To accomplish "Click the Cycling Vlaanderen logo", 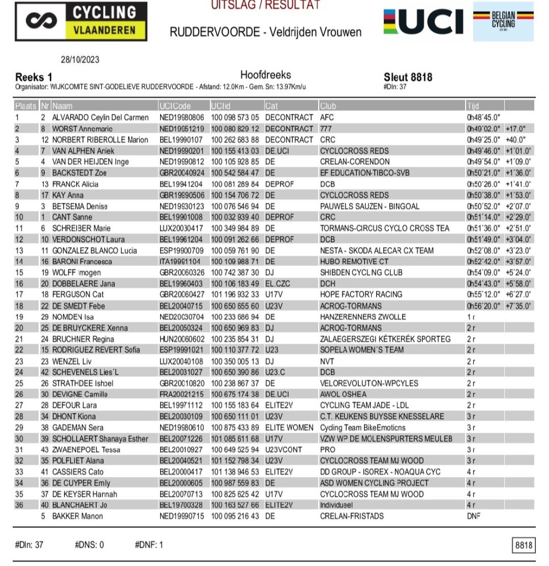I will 81,22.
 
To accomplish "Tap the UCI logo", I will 424,22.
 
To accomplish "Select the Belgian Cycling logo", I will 503,22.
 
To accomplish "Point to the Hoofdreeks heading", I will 265,75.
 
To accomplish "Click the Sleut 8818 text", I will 408,77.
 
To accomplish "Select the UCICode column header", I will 175,106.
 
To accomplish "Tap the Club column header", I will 327,106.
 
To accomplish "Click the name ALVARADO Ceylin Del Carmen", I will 100,118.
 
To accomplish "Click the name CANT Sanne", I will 73,217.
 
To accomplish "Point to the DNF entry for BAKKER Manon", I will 473,516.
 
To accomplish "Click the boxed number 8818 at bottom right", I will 524,546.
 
